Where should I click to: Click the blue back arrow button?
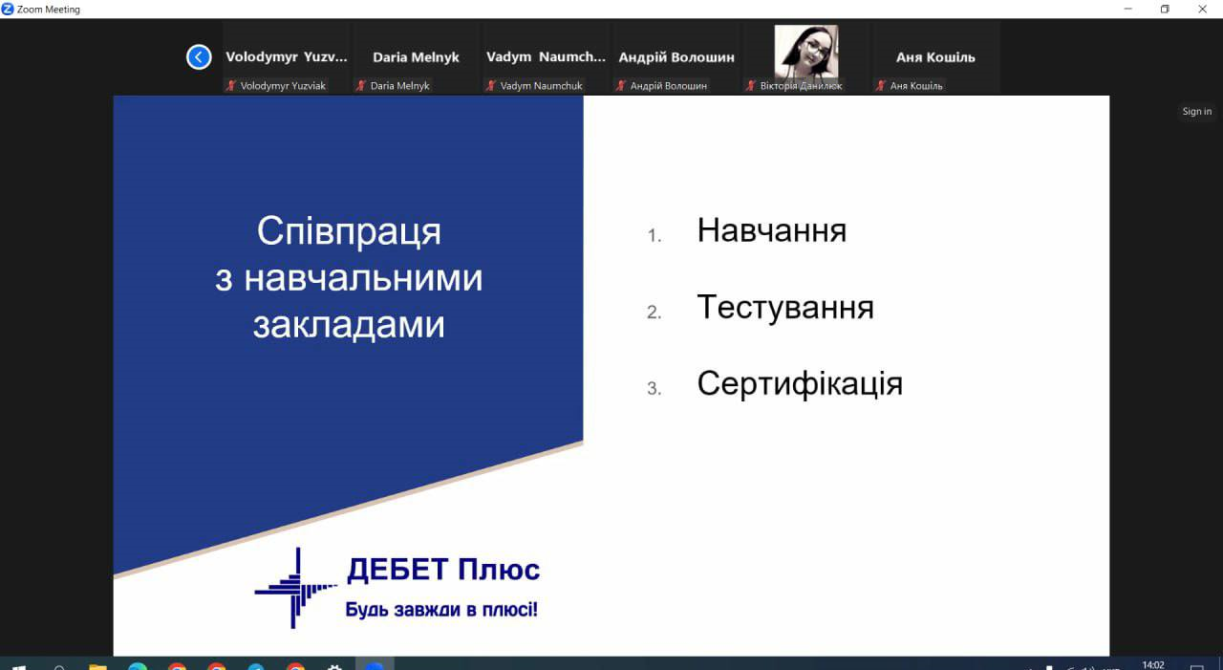tap(199, 57)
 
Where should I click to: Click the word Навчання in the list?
tap(771, 230)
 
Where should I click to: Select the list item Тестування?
tap(784, 307)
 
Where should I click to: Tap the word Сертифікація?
tap(800, 383)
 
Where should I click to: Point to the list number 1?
tap(654, 235)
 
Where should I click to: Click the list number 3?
tap(654, 388)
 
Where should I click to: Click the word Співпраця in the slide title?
tap(349, 231)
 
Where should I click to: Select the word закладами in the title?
tap(349, 325)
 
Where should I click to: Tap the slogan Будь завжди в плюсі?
tap(441, 609)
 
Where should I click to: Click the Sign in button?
tap(1196, 112)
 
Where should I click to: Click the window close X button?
tap(1203, 9)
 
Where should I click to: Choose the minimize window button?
tap(1127, 9)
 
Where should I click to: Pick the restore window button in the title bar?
tap(1165, 9)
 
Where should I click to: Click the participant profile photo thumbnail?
tap(805, 52)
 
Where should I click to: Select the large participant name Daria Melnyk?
tap(416, 57)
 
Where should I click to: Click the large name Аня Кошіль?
tap(935, 57)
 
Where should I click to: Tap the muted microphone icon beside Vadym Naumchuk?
tap(490, 86)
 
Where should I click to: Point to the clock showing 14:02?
tap(1153, 664)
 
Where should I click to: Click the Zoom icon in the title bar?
tap(8, 9)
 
